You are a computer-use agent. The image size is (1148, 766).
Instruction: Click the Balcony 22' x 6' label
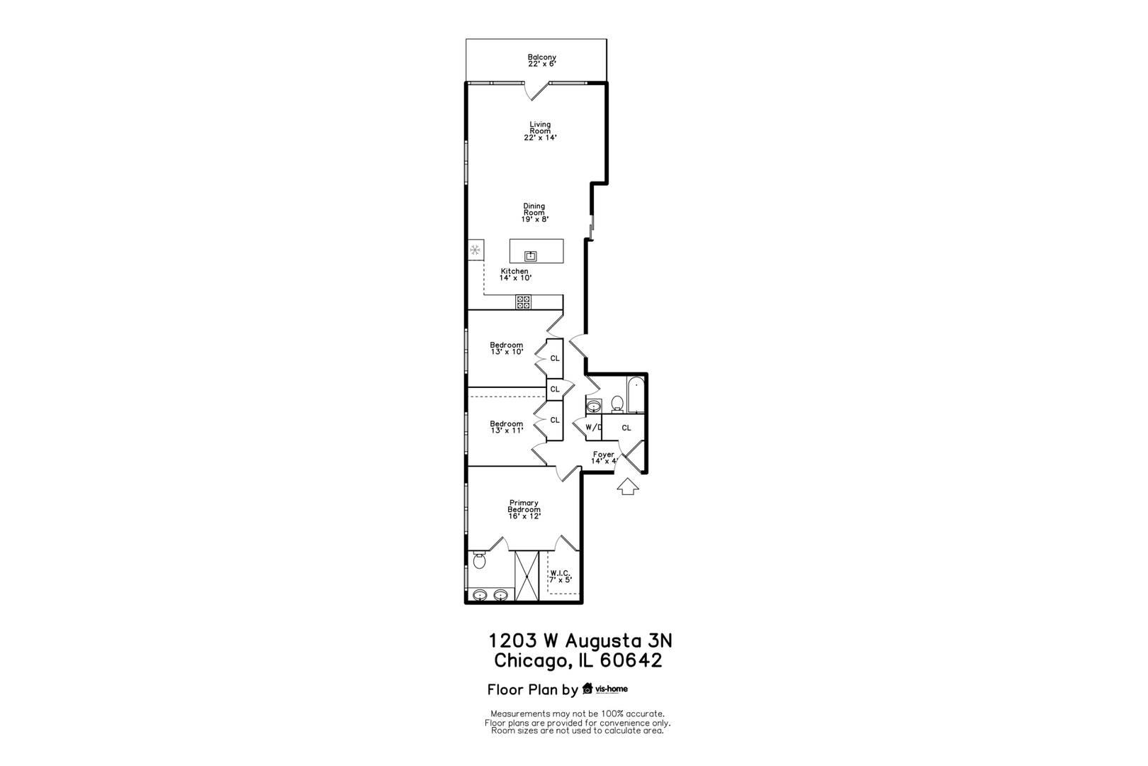541,60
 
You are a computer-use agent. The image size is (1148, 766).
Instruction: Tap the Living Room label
540,131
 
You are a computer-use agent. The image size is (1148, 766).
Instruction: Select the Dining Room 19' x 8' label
534,213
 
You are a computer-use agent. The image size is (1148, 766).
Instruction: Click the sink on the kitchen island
531,255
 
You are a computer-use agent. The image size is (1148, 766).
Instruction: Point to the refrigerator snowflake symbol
475,250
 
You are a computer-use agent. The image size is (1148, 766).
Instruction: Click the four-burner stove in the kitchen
523,302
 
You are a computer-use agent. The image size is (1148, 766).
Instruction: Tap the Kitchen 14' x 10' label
515,274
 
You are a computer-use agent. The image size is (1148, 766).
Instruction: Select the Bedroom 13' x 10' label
507,348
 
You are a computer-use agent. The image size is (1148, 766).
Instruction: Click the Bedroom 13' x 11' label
507,427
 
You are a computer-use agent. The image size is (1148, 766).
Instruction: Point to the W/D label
593,428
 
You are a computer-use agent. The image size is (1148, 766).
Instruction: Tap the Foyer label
604,457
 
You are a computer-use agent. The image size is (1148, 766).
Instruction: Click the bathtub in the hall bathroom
636,396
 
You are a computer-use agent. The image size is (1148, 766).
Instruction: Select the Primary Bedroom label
524,509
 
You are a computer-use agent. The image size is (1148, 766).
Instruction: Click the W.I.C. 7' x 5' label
560,576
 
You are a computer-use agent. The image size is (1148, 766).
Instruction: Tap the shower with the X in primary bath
527,576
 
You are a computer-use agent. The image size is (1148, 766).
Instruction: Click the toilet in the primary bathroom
479,562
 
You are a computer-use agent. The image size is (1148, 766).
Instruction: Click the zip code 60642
631,661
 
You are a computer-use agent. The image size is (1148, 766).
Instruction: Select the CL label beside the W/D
626,428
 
